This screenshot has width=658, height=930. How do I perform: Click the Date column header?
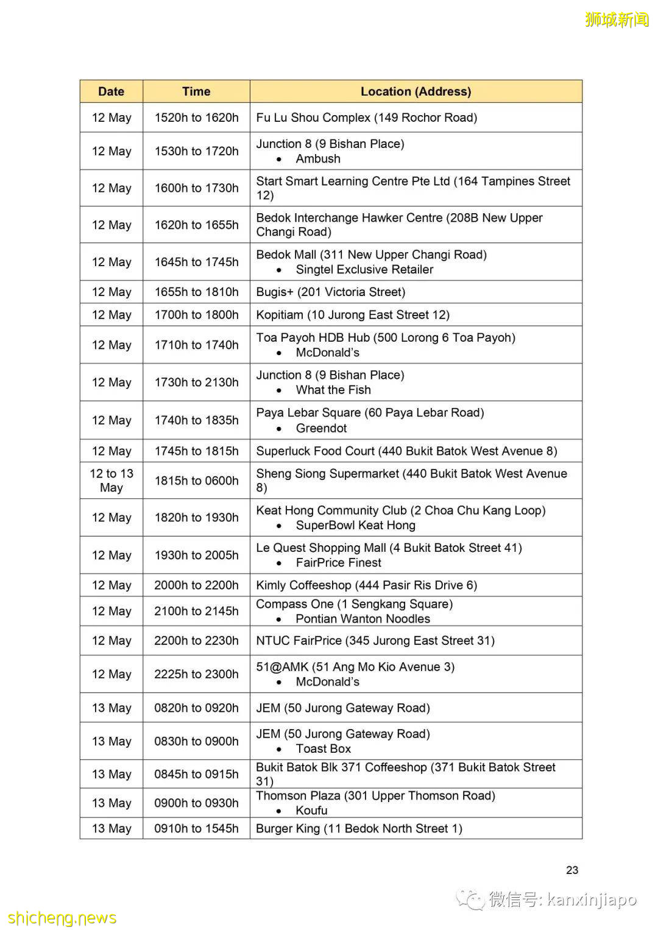coord(111,91)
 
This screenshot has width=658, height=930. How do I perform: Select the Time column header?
coord(196,91)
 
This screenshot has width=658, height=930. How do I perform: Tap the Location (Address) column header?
coord(416,91)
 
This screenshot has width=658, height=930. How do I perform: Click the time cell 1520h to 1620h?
coord(196,118)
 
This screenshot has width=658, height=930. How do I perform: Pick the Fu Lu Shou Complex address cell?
coord(366,118)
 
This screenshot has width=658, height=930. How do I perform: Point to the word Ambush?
coord(318,159)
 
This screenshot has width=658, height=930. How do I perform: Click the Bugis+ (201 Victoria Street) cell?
coord(330,292)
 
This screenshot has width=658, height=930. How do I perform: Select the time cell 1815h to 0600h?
coord(196,481)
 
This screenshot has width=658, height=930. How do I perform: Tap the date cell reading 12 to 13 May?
coord(111,481)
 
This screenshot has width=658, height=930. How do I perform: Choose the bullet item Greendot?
coord(321,428)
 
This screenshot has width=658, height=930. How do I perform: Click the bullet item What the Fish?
coord(333,390)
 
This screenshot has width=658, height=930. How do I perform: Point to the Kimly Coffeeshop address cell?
coord(366,585)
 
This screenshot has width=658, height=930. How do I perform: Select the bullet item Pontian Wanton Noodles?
coord(363,619)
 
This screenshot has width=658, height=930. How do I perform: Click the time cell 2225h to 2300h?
coord(196,674)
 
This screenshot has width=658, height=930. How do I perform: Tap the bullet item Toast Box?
coord(324,749)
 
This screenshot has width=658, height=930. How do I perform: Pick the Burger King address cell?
coord(359,828)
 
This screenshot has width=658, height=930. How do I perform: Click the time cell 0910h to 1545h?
coord(196,828)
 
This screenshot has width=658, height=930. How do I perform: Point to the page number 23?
coord(571,870)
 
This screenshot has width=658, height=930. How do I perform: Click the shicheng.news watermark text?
coord(62,918)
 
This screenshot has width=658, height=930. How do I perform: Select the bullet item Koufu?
coord(311,811)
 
